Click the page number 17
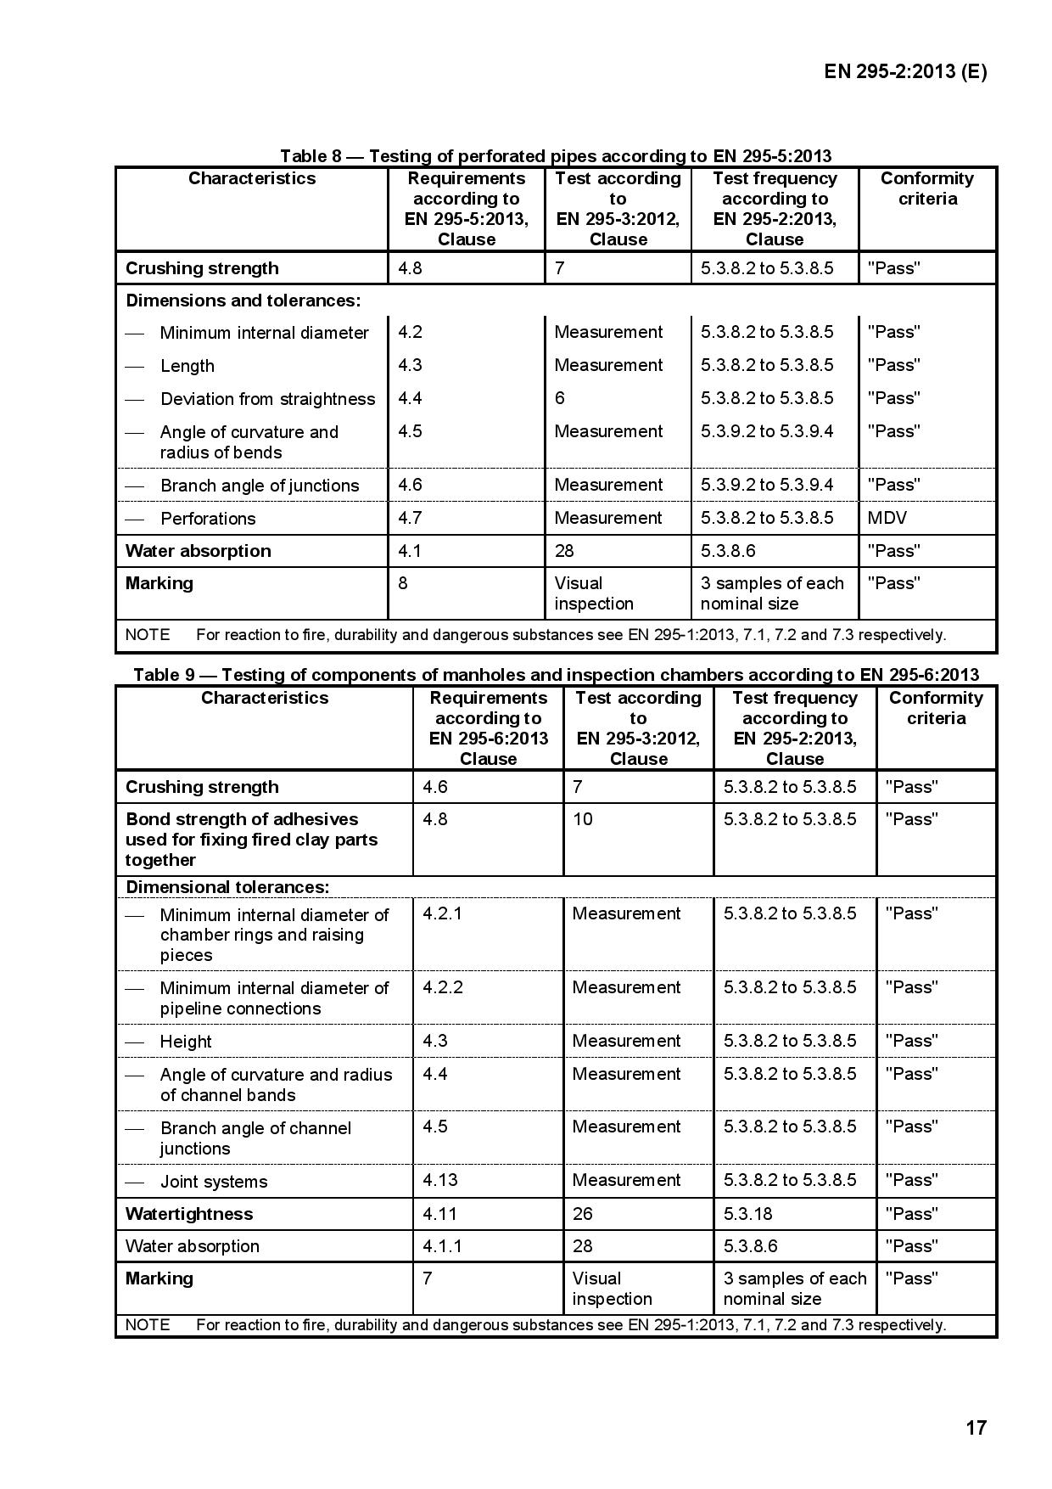(x=976, y=1427)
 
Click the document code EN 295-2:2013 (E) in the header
(x=905, y=71)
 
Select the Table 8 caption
(x=556, y=156)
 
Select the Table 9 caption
(x=556, y=675)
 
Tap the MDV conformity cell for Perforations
(x=887, y=518)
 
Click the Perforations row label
(x=208, y=519)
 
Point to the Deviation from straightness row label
(x=267, y=399)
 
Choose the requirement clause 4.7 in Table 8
(x=410, y=518)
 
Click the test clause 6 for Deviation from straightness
(x=560, y=398)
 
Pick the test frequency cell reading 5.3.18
(x=747, y=1214)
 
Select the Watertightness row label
(x=189, y=1214)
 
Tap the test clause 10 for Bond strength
(x=583, y=819)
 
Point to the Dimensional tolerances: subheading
(x=227, y=887)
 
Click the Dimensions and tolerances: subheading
(x=243, y=301)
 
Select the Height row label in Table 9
(x=186, y=1042)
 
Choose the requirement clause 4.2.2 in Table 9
(x=443, y=987)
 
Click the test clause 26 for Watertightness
(x=583, y=1214)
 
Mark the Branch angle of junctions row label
(x=260, y=486)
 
